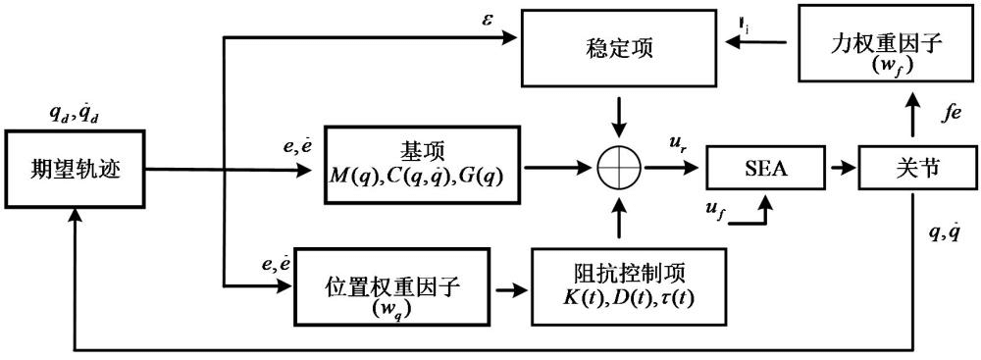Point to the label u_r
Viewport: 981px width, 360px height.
pyautogui.click(x=677, y=143)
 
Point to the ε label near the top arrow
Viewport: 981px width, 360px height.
pyautogui.click(x=488, y=18)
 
